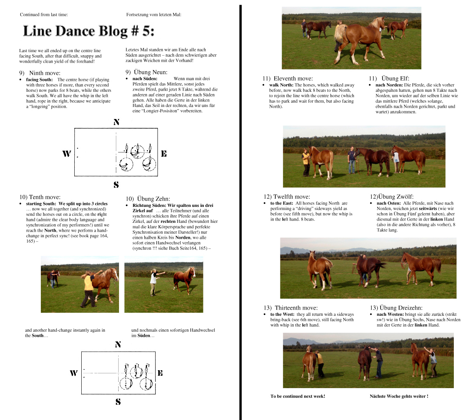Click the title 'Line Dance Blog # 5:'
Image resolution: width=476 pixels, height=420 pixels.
[x=88, y=31]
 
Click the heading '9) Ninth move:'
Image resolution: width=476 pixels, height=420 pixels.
[x=40, y=73]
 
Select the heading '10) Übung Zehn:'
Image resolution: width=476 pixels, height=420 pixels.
[x=148, y=199]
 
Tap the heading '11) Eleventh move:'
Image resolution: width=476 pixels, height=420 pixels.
[x=287, y=78]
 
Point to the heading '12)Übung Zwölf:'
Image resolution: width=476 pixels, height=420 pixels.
[x=392, y=196]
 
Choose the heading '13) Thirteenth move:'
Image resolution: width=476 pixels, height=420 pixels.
[x=290, y=308]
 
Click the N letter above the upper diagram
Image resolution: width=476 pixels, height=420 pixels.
[x=116, y=122]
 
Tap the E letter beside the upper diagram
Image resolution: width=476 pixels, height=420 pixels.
[x=164, y=154]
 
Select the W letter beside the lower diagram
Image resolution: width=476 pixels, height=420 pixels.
[x=73, y=373]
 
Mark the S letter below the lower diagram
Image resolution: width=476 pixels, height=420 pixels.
[x=118, y=402]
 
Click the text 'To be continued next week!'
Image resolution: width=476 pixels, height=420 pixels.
[x=298, y=396]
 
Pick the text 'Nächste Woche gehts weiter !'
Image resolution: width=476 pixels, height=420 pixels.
[x=399, y=396]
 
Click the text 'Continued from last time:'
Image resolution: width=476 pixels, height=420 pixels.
[x=44, y=15]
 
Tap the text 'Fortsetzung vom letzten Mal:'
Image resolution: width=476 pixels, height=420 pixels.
[x=154, y=15]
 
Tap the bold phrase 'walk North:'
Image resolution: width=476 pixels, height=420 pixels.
[x=281, y=85]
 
